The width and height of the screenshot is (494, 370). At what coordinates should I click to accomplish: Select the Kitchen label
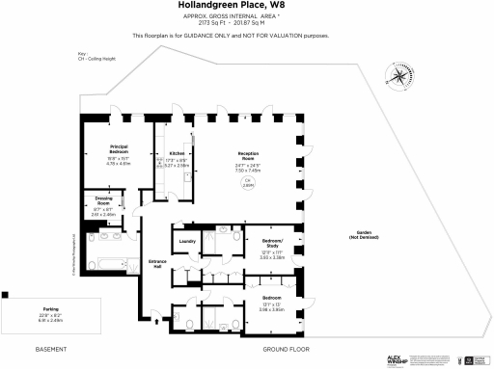click(x=178, y=153)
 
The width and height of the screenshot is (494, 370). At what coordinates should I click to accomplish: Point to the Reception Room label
click(x=252, y=156)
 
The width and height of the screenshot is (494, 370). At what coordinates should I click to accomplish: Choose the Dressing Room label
click(x=103, y=201)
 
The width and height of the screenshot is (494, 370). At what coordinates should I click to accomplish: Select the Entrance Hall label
click(x=157, y=263)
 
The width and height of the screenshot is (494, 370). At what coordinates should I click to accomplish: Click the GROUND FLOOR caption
click(x=286, y=348)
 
